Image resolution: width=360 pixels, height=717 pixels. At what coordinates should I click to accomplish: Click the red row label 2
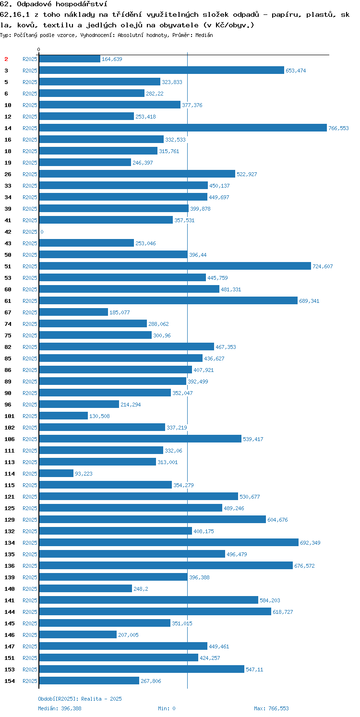point(6,59)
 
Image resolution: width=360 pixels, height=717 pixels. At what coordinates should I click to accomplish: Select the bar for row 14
point(183,128)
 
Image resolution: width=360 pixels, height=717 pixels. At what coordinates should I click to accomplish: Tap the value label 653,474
point(296,71)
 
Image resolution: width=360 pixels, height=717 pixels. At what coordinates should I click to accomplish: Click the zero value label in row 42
point(42,232)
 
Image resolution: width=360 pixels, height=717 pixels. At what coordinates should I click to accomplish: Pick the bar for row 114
point(56,473)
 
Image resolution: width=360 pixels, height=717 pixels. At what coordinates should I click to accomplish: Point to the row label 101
point(10,416)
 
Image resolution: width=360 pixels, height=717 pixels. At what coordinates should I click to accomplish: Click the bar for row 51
point(175,266)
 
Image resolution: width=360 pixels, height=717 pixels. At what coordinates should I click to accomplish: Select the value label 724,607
point(323,267)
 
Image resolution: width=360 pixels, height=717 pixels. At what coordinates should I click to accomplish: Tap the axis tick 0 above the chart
point(39,49)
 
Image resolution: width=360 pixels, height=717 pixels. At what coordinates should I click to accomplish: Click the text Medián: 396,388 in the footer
point(60,708)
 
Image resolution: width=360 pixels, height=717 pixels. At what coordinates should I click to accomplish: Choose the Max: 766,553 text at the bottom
point(271,708)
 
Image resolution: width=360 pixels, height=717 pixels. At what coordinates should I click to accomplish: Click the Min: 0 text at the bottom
point(167,708)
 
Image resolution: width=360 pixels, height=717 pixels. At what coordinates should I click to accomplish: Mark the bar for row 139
point(113,577)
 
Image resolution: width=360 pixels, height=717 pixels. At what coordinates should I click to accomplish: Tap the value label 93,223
point(84,474)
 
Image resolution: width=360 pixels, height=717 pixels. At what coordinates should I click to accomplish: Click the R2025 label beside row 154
point(30,681)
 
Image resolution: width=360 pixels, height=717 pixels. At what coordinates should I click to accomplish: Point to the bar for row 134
point(169,543)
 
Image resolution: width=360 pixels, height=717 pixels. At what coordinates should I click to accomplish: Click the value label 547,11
point(254,669)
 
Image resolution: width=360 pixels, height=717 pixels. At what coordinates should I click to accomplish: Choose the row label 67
point(8,312)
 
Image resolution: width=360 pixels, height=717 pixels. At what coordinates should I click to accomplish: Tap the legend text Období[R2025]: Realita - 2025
point(80,699)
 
